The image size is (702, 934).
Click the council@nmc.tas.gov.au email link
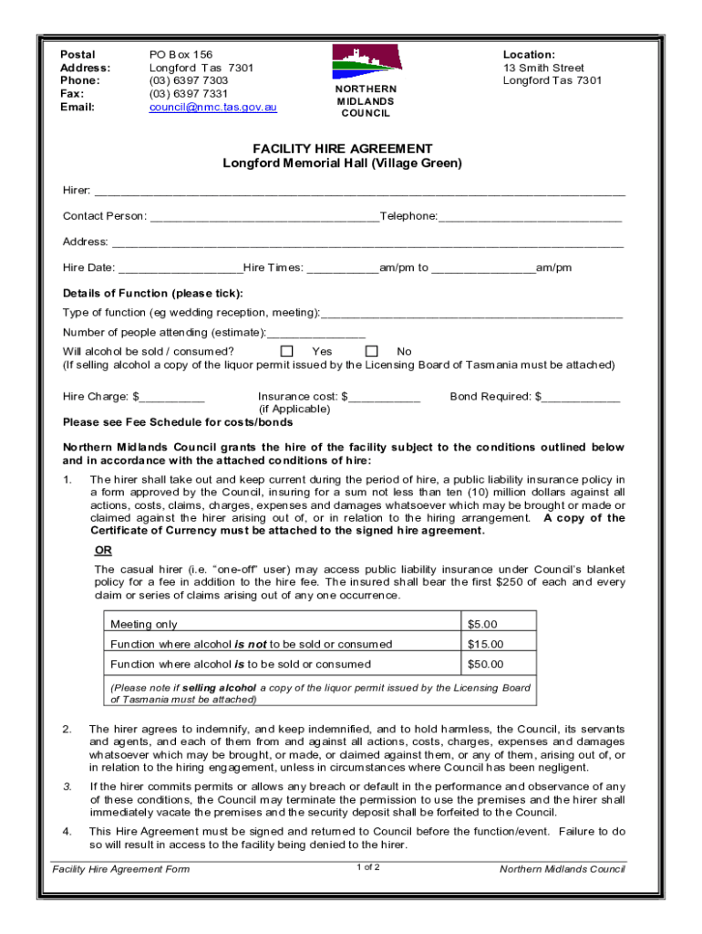(212, 107)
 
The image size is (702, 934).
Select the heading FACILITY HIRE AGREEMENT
(342, 149)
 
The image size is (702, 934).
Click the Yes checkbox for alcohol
(287, 351)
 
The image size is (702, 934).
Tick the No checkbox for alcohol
(371, 351)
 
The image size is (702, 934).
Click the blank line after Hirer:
(359, 192)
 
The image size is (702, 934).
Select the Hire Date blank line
(180, 269)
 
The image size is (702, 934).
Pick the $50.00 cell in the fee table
(485, 664)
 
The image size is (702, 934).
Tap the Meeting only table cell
(144, 624)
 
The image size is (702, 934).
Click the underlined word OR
(104, 550)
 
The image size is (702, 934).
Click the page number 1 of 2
(368, 867)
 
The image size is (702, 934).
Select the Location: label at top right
(529, 55)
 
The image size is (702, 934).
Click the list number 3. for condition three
(67, 786)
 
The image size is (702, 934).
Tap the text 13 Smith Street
(543, 67)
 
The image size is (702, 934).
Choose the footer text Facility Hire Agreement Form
(121, 869)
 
